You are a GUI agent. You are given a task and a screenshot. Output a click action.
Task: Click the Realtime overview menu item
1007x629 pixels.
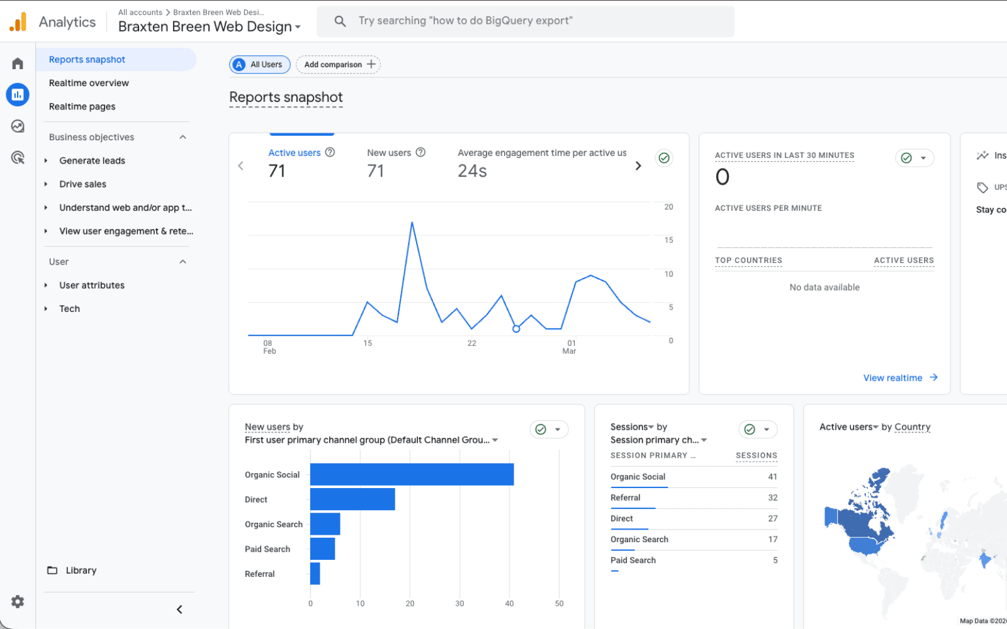point(89,83)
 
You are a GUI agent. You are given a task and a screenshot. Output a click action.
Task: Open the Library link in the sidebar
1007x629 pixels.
point(81,571)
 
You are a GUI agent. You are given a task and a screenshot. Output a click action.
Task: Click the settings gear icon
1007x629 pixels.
point(18,602)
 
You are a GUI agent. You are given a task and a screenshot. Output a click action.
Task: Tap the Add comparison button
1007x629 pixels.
point(339,65)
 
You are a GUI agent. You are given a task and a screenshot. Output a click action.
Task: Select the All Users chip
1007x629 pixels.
point(260,65)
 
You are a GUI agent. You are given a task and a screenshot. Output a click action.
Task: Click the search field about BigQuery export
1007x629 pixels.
point(526,21)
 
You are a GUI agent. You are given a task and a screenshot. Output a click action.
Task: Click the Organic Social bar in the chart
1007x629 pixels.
point(412,474)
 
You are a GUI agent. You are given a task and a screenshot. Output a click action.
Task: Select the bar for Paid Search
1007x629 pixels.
point(322,548)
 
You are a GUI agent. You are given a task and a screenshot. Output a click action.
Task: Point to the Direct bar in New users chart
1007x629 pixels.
point(352,499)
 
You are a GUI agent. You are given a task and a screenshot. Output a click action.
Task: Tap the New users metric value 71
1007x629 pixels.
point(376,171)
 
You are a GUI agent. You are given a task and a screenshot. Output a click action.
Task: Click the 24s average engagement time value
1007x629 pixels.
point(472,171)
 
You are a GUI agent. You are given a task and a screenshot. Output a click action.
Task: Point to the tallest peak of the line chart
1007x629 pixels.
point(412,223)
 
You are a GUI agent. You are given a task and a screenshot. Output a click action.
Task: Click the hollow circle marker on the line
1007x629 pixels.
point(516,329)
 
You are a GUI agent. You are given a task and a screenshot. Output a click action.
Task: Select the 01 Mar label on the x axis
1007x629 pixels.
point(570,347)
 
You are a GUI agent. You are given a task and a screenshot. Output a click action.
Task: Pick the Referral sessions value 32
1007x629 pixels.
point(772,498)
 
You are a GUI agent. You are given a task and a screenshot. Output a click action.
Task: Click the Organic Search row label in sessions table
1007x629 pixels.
point(639,539)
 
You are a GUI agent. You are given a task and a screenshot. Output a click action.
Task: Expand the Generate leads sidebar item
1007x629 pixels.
point(92,160)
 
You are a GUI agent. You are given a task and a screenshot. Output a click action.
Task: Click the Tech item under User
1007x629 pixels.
point(69,309)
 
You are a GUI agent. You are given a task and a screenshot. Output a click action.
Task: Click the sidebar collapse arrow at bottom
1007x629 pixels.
point(179,610)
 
